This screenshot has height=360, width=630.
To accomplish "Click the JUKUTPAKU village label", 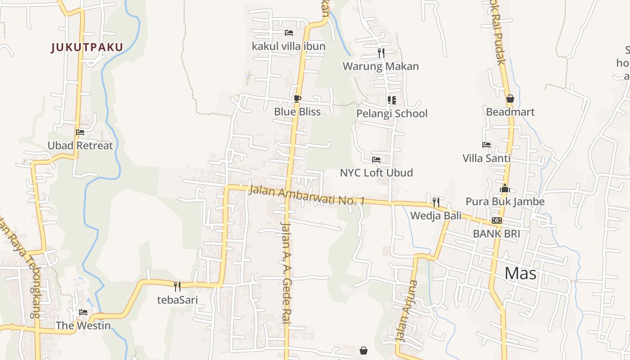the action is click(x=87, y=47).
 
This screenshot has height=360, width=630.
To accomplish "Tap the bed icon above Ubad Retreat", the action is click(x=80, y=132).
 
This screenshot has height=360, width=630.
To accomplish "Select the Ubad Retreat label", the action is click(x=80, y=146).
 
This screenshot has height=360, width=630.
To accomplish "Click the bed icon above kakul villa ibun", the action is click(x=289, y=33).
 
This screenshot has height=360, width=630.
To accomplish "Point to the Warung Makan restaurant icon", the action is click(x=381, y=53).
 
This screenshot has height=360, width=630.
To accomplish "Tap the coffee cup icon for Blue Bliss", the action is click(x=297, y=99).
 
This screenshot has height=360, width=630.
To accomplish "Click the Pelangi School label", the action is click(x=391, y=113).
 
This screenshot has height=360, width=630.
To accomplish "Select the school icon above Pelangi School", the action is click(x=391, y=100).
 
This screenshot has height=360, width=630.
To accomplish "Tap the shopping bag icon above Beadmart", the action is click(x=510, y=99).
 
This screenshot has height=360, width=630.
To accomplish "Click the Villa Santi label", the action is click(x=486, y=158).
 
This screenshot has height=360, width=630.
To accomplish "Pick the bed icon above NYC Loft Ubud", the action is click(x=376, y=160).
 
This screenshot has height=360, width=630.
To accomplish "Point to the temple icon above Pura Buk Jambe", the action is click(x=505, y=188).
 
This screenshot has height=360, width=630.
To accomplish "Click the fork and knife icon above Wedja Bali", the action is click(x=436, y=202).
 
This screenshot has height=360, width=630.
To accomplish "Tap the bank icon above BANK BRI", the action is click(x=497, y=220).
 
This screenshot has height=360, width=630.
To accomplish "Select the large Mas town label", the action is click(x=520, y=273).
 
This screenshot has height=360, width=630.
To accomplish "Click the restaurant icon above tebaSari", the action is click(x=177, y=286).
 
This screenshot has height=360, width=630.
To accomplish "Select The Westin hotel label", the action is click(x=83, y=325).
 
